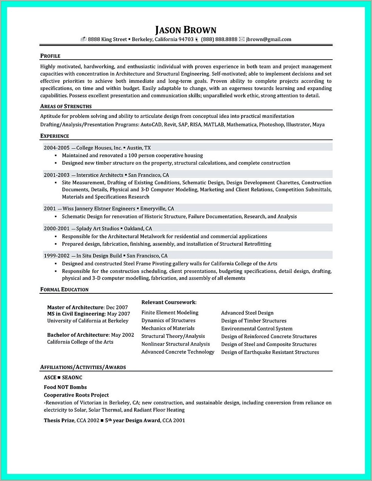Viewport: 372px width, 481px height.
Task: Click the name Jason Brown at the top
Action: click(x=186, y=30)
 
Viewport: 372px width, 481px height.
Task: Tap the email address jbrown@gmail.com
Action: click(x=268, y=39)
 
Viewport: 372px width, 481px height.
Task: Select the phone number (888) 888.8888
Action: click(x=219, y=39)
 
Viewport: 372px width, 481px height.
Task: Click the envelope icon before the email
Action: click(x=242, y=39)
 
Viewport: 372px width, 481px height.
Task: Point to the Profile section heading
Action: click(x=50, y=56)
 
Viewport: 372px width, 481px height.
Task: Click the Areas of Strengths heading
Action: click(x=66, y=106)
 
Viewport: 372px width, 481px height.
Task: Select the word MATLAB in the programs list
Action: click(x=214, y=125)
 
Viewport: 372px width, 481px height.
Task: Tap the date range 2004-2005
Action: click(x=57, y=148)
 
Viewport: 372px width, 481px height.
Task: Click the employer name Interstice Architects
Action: click(x=100, y=175)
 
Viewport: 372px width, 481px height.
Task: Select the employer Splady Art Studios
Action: click(x=98, y=229)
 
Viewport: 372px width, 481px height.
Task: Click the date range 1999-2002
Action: click(x=57, y=256)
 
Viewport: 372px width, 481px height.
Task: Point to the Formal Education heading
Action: click(x=64, y=289)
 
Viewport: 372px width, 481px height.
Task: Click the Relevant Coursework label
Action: click(x=169, y=302)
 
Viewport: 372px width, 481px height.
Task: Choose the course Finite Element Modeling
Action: click(x=170, y=313)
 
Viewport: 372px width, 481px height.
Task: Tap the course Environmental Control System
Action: click(x=257, y=329)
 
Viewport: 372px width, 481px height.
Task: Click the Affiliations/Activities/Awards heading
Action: click(x=83, y=367)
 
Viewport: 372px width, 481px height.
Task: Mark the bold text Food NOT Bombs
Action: click(x=65, y=387)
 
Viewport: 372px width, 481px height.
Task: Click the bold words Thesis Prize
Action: click(x=59, y=420)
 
